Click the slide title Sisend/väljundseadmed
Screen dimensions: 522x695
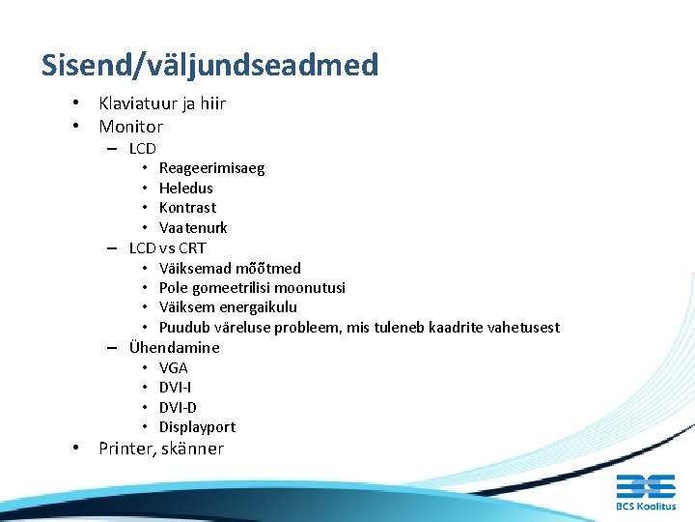[x=209, y=66]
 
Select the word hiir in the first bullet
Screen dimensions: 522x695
[x=209, y=103]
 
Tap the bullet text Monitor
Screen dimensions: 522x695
[x=130, y=127]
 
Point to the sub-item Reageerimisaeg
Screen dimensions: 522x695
[x=211, y=168]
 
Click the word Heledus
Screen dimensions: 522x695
[x=185, y=188]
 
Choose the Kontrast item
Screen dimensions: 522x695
[x=187, y=208]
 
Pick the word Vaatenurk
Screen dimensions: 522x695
[x=193, y=228]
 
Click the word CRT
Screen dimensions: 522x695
[x=192, y=248]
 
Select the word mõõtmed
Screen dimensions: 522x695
[x=268, y=269]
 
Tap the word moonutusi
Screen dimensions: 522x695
[x=313, y=288]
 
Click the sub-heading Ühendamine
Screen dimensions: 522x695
[x=174, y=348]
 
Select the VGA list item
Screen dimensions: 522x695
[x=174, y=368]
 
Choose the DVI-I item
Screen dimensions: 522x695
[x=175, y=388]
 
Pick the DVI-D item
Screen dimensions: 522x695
[x=178, y=408]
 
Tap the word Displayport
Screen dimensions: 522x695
[x=197, y=427]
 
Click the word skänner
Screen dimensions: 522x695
[x=191, y=449]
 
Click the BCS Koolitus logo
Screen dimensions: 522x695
[x=646, y=491]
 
